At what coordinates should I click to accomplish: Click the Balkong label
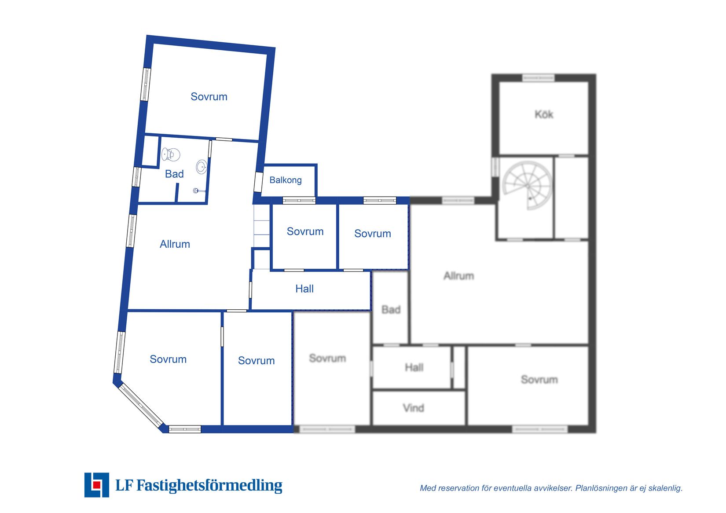pyautogui.click(x=285, y=180)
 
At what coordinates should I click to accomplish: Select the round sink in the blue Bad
pyautogui.click(x=201, y=167)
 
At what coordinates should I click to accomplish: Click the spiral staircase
pyautogui.click(x=527, y=186)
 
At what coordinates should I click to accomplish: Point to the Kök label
pyautogui.click(x=544, y=114)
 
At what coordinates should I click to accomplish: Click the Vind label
pyautogui.click(x=414, y=408)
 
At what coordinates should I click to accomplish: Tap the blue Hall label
pyautogui.click(x=304, y=289)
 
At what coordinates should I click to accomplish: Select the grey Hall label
pyautogui.click(x=414, y=367)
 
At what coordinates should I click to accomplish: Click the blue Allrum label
pyautogui.click(x=175, y=244)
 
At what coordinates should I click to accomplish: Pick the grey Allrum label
pyautogui.click(x=458, y=276)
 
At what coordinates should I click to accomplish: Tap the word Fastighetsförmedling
pyautogui.click(x=209, y=485)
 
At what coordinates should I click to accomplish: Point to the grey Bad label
pyautogui.click(x=391, y=310)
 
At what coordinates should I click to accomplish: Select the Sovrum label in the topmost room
pyautogui.click(x=209, y=96)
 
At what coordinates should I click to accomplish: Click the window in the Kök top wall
pyautogui.click(x=539, y=78)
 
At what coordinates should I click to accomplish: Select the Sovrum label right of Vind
pyautogui.click(x=539, y=380)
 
